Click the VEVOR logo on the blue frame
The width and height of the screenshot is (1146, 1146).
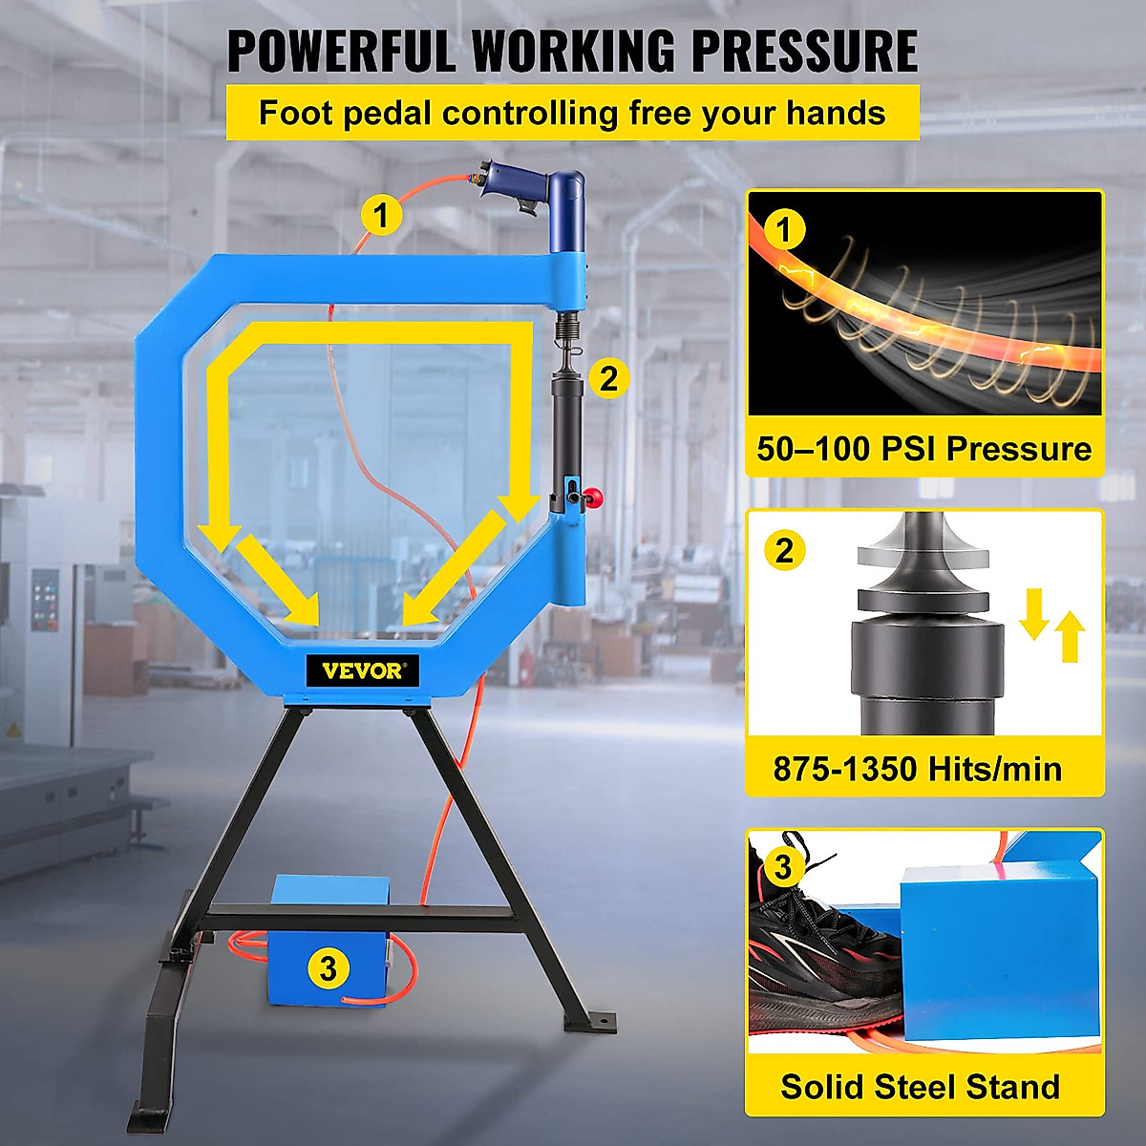point(363,670)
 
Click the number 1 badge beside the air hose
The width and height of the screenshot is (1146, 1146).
point(381,216)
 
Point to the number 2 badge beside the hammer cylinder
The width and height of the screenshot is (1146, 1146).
point(609,378)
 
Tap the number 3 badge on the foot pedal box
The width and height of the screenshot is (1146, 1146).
point(328,968)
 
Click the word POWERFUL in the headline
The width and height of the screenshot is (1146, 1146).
point(341,52)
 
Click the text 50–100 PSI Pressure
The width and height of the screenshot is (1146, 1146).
point(923,449)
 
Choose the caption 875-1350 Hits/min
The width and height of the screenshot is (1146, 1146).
point(917,769)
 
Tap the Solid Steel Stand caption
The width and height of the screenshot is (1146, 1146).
point(920,1087)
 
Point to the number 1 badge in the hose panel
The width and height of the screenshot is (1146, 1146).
point(785,230)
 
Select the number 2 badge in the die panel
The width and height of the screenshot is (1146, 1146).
point(784,550)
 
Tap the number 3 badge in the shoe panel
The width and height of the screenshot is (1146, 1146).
point(783,866)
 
